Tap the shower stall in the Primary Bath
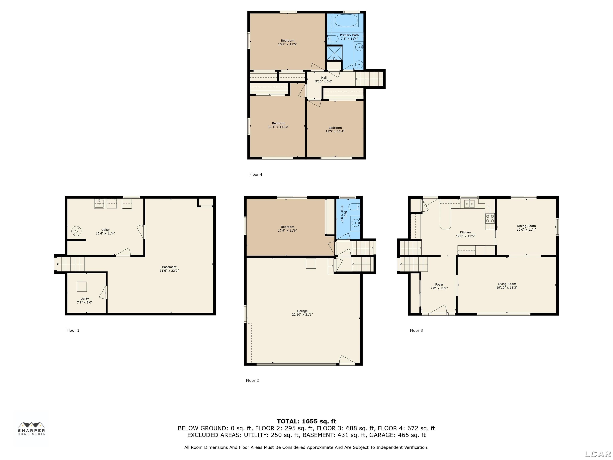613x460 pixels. (334, 53)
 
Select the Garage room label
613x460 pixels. (302, 311)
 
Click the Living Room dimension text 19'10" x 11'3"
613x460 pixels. (507, 287)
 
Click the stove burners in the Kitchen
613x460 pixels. (490, 218)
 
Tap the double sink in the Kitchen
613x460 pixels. (470, 204)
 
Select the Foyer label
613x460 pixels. (439, 285)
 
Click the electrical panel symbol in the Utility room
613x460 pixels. (76, 231)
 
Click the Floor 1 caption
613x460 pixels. (73, 330)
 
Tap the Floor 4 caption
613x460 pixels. (255, 174)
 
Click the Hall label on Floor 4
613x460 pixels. (324, 78)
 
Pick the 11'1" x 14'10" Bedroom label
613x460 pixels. (279, 123)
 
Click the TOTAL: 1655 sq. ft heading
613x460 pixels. (306, 421)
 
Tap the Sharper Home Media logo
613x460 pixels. (31, 428)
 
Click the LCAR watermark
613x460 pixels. (598, 454)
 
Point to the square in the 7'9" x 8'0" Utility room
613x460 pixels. (82, 287)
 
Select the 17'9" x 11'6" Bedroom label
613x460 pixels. (287, 227)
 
